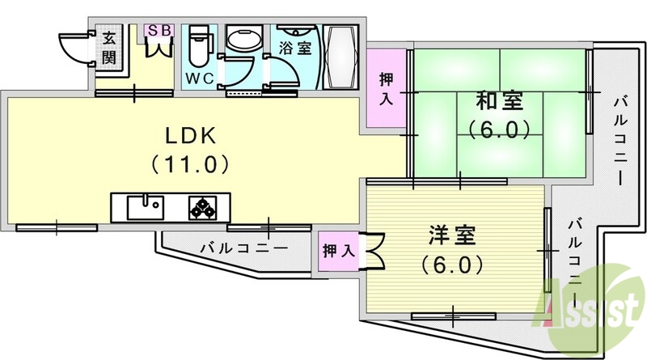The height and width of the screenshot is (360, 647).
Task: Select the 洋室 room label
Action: pyautogui.click(x=453, y=237)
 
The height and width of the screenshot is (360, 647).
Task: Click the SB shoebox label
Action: pyautogui.click(x=158, y=30)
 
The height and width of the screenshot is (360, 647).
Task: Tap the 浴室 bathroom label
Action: pyautogui.click(x=296, y=48)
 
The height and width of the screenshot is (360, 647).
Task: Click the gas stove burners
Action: pyautogui.click(x=204, y=207)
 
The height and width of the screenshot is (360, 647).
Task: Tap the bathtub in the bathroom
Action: pyautogui.click(x=340, y=57)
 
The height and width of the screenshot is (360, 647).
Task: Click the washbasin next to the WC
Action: pyautogui.click(x=242, y=40)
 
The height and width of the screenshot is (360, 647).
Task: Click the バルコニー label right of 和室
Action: pyautogui.click(x=620, y=138)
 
